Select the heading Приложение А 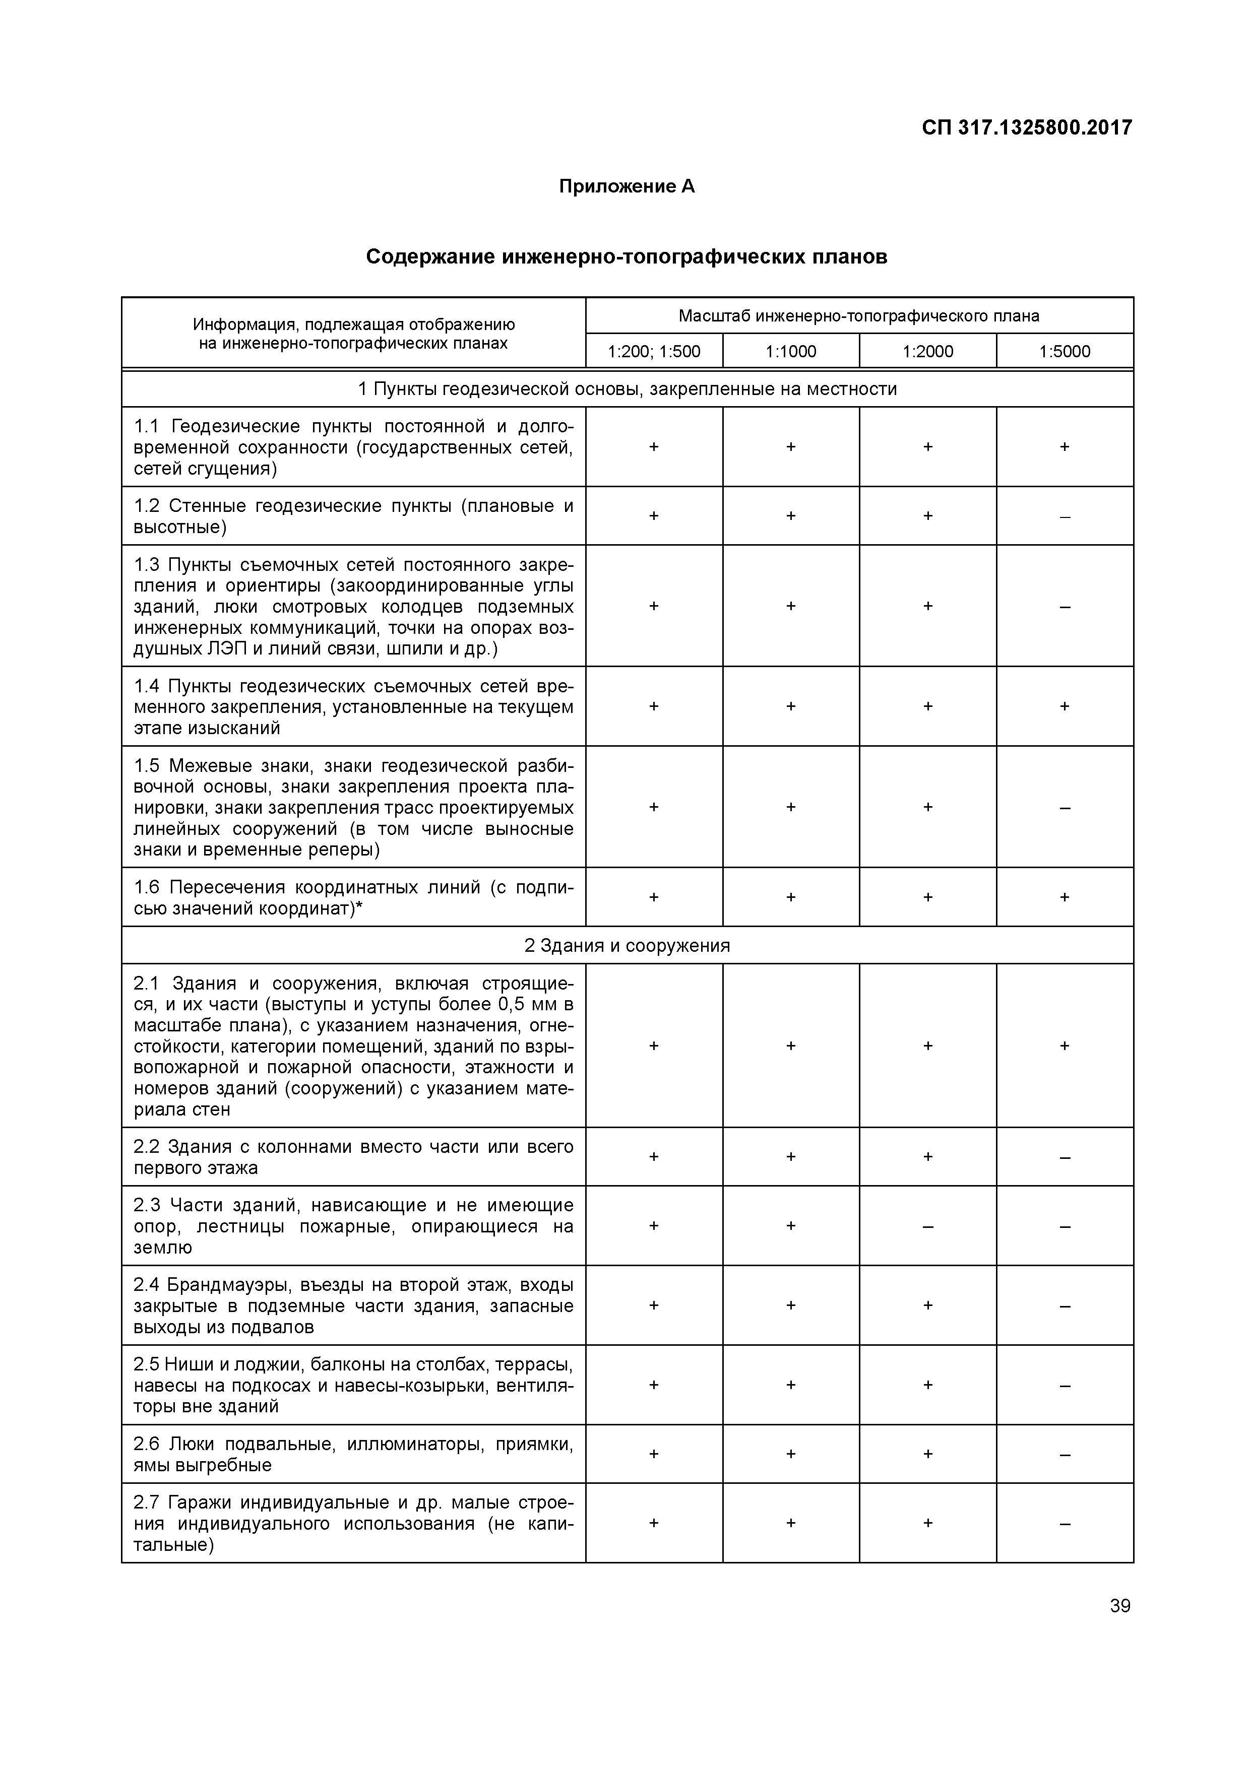(627, 186)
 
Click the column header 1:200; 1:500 (654, 352)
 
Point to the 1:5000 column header (1065, 352)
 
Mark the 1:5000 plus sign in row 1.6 (1065, 896)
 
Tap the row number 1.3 (146, 565)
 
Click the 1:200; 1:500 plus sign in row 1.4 (654, 706)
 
